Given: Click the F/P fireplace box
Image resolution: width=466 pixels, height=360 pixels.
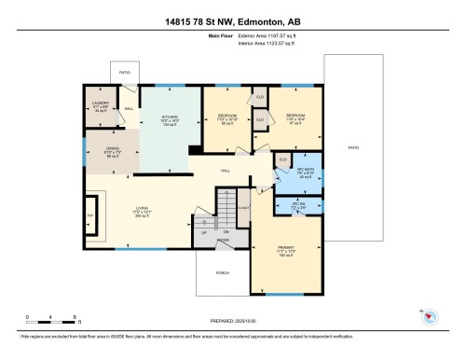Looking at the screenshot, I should (x=90, y=216).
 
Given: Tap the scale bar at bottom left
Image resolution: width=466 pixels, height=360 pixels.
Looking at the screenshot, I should (x=51, y=319).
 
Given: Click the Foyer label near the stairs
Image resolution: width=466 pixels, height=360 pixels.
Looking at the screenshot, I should (x=224, y=240).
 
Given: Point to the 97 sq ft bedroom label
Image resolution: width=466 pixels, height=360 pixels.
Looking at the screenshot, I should (x=291, y=120).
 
